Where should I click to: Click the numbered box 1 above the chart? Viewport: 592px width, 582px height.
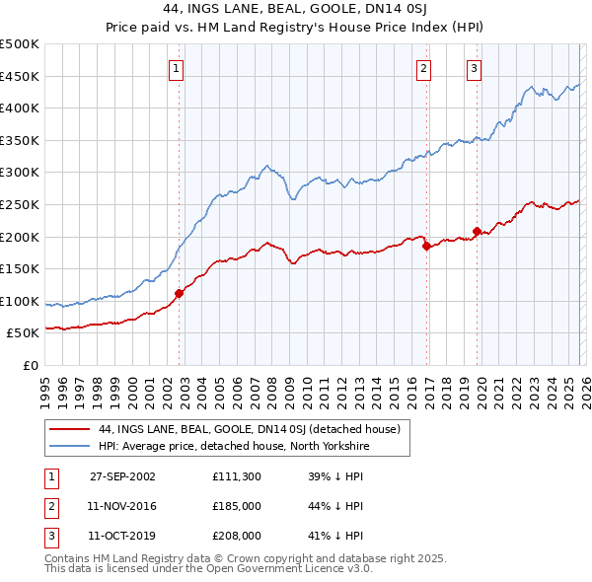176,68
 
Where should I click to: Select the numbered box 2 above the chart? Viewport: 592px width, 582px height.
422,68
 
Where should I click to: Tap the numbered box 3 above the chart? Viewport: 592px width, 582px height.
474,68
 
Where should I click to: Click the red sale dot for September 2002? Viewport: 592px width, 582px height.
180,293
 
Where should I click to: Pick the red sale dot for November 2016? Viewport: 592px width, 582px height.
426,247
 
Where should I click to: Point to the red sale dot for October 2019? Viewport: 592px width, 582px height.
477,231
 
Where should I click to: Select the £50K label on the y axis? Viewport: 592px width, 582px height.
24,333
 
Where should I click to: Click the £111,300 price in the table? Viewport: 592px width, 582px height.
237,475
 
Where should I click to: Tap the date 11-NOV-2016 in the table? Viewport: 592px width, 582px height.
122,506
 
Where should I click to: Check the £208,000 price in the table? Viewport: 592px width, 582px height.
237,537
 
